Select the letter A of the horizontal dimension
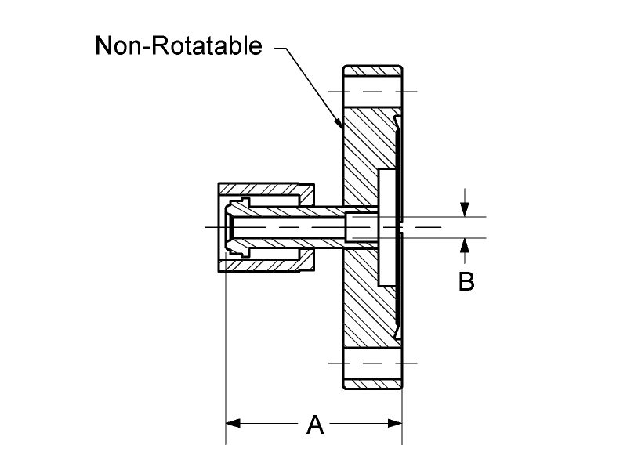[x=314, y=425]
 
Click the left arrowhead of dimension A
[x=233, y=424]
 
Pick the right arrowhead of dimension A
[x=396, y=424]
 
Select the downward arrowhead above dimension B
[x=465, y=211]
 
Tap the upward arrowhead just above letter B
[x=465, y=244]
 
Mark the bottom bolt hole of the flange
[x=373, y=364]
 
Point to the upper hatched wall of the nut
[x=266, y=190]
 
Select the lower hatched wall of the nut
[x=266, y=264]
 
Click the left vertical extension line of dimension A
[x=226, y=352]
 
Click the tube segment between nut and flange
[x=328, y=226]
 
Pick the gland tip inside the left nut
[x=235, y=226]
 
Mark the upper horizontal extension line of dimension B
[x=447, y=217]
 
